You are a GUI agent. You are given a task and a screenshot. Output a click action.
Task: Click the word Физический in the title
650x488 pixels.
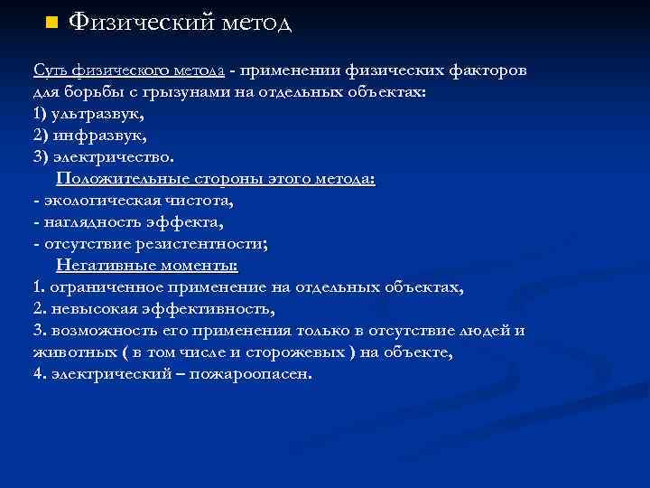[x=135, y=22]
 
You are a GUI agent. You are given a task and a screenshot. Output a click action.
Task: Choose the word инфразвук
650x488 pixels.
[x=96, y=136]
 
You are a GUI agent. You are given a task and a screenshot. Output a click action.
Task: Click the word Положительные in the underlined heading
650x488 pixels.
[x=117, y=179]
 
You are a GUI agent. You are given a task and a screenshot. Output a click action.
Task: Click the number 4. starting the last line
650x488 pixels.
[x=38, y=374]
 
